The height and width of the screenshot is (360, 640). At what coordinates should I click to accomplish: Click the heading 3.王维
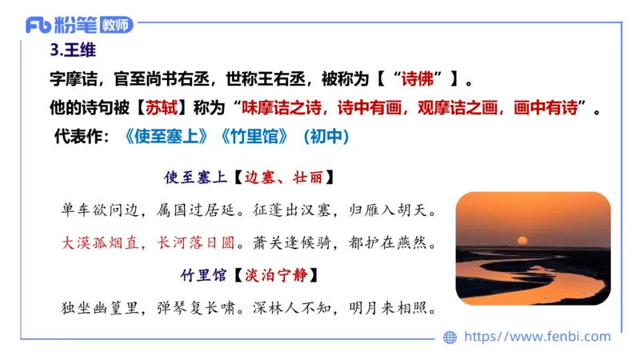click(73, 53)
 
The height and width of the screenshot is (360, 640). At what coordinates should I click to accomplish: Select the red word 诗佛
click(421, 80)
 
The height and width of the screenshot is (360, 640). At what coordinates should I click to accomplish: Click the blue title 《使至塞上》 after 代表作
click(169, 137)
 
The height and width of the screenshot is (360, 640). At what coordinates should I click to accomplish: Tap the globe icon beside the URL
click(450, 337)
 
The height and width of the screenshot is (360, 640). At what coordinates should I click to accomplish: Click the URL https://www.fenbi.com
click(537, 337)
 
